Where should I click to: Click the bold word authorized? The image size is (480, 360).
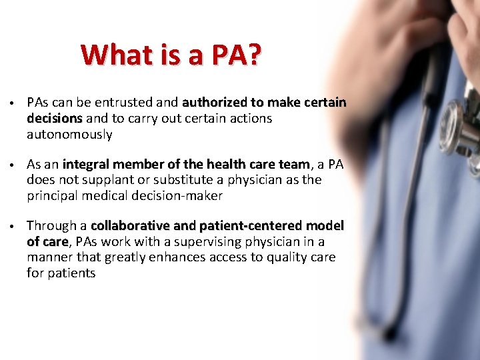[213, 103]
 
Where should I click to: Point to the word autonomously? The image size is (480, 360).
[69, 135]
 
